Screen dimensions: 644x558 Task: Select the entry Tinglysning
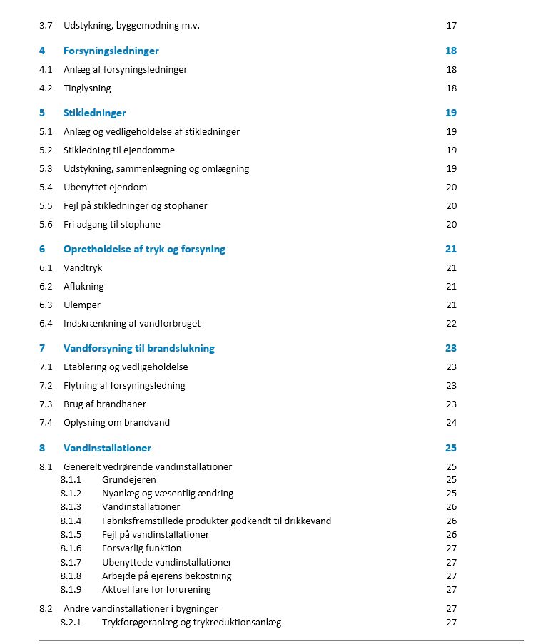[87, 88]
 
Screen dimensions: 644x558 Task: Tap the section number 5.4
[46, 188]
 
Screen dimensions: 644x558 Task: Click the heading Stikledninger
[94, 113]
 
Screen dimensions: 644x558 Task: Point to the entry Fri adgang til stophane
[112, 225]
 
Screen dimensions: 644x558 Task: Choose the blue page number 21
[450, 250]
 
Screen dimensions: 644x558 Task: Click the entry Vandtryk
[83, 268]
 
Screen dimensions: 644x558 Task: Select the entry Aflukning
[83, 287]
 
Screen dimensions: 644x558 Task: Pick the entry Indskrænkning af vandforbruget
[132, 324]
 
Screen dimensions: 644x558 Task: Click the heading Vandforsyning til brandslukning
[138, 349]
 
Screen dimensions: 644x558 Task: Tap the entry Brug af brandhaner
[105, 404]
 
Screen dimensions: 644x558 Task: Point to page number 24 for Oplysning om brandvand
[451, 423]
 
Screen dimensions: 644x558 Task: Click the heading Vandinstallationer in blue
[107, 448]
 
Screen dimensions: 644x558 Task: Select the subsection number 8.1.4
[71, 521]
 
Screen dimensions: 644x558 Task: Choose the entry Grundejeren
[129, 480]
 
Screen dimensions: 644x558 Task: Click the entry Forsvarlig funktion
[141, 548]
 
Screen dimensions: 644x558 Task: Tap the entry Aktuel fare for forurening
[156, 590]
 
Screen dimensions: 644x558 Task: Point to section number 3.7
[46, 26]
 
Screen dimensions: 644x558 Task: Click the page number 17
[451, 26]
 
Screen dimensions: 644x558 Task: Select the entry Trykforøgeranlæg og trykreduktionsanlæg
[191, 623]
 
